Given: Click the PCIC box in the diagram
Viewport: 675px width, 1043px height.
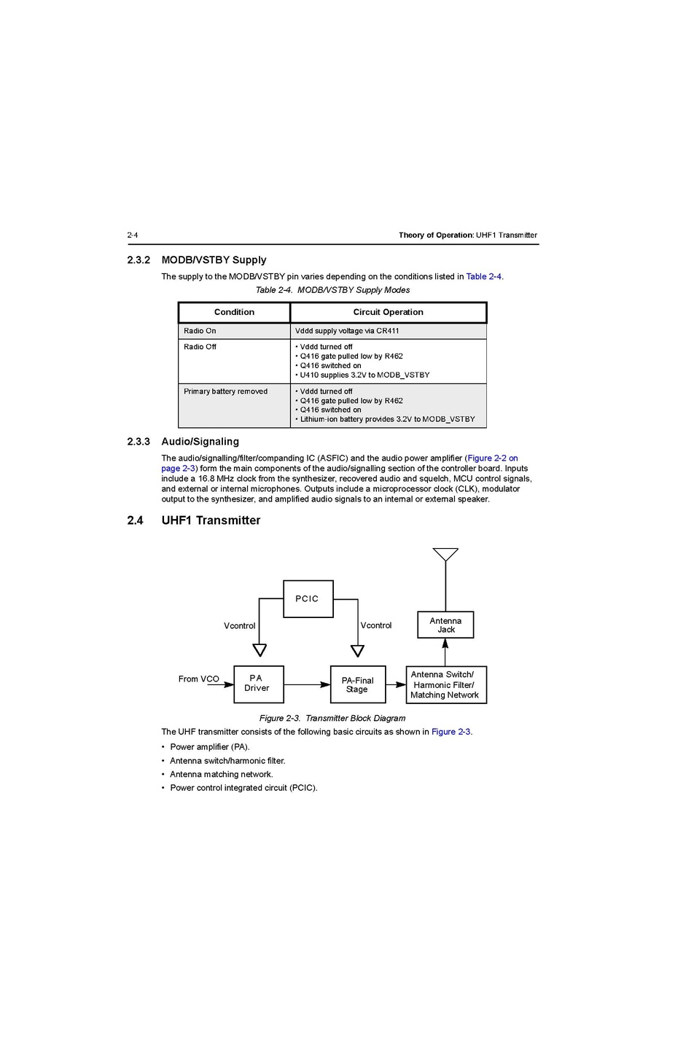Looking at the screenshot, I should pos(308,598).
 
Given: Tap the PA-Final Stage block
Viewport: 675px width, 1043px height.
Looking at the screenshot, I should pos(357,684).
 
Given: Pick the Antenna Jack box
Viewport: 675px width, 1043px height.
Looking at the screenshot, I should pos(445,625).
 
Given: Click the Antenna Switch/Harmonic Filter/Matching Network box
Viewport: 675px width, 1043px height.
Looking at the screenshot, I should pos(445,684).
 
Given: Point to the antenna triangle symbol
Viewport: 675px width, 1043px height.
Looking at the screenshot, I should pos(445,555).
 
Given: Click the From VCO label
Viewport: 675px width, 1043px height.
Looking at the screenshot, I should pos(198,679).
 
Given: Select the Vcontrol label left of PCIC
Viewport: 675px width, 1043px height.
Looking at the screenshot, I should pos(239,625).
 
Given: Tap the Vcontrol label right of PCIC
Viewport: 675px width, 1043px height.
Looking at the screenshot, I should pos(376,625).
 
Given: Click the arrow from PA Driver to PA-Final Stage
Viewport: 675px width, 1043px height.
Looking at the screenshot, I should pos(307,684).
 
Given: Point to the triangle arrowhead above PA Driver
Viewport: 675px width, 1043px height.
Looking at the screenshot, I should pos(259,649).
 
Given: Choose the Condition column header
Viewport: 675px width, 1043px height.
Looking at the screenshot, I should pos(234,312).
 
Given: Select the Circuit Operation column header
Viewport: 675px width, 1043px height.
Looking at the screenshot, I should pos(388,312).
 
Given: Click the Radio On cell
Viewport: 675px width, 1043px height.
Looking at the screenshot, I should pos(200,331).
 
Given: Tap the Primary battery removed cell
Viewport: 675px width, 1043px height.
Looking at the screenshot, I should pos(225,391).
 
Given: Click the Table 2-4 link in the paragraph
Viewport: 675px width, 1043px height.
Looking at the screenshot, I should pos(483,276).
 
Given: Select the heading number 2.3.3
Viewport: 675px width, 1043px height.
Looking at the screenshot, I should pos(138,442).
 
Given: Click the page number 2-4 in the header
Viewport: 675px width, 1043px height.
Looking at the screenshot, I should pos(133,235).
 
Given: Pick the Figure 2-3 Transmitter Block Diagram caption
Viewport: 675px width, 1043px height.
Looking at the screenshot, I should pos(332,718).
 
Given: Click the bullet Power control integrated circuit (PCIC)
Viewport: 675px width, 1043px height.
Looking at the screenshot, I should pos(243,787).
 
